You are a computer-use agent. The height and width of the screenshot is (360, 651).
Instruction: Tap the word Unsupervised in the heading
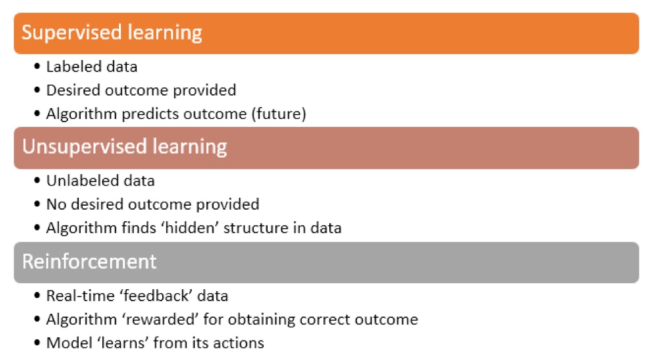[x=85, y=147]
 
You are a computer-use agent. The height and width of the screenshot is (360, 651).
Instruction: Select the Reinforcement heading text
[x=89, y=262]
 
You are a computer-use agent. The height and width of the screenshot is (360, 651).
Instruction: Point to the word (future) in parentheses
[x=278, y=114]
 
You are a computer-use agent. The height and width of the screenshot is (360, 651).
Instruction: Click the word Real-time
[x=81, y=296]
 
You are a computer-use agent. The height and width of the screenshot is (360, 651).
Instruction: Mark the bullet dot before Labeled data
[x=37, y=66]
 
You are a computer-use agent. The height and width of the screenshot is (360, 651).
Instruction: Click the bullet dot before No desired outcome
[x=37, y=204]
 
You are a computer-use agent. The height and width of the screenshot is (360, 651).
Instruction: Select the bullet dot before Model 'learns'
[x=37, y=343]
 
